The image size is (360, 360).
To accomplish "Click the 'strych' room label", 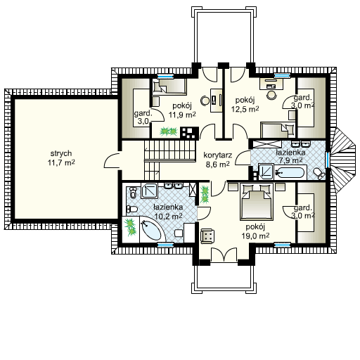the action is point(61,154).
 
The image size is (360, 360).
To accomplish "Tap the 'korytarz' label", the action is point(218,155).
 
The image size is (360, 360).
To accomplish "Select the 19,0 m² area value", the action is point(255,236).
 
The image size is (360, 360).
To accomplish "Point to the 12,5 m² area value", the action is point(245,109).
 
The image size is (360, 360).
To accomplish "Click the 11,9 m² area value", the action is point(182,115).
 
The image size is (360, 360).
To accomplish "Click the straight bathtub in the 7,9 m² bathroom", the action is point(290,173).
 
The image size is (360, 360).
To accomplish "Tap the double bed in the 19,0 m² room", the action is point(257,202).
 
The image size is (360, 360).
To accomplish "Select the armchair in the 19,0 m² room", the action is point(207,236).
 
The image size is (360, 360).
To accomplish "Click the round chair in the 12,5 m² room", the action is point(271,95).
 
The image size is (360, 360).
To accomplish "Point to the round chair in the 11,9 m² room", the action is point(205,101).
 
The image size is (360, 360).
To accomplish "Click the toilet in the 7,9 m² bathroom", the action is point(319,174).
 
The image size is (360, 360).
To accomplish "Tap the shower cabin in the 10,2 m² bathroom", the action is point(149,191).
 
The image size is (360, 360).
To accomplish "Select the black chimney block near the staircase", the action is point(189,133).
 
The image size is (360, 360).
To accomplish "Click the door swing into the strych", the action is point(112,160).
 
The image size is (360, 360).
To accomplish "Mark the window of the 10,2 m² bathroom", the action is point(165,245).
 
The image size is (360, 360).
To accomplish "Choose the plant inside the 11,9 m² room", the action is point(168,131).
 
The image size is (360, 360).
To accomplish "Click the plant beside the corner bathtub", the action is point(131,226).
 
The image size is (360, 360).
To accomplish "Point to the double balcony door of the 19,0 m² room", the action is point(224,255).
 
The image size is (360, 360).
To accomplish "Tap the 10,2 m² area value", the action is point(169,217).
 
